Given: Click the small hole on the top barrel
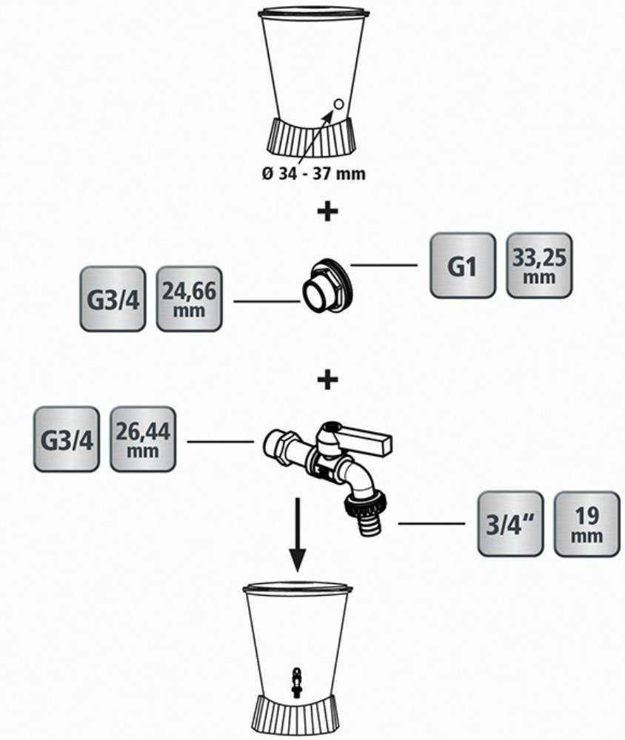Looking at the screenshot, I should pos(338,104).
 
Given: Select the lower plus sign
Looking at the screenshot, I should pos(327,380).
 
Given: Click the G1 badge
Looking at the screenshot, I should pos(462,266).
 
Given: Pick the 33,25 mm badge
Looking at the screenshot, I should pos(539,266).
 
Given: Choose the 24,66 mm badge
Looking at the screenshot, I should pos(189,298).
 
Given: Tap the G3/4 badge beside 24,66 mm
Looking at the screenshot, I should pos(113,299).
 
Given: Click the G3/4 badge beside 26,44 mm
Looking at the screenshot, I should pos(66,439).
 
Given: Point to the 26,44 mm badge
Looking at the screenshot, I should pos(143,439).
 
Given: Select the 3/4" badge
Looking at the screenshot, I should pos(509,524).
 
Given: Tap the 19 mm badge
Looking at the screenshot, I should pos(586,524).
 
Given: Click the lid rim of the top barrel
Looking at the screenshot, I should pos(314,13).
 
